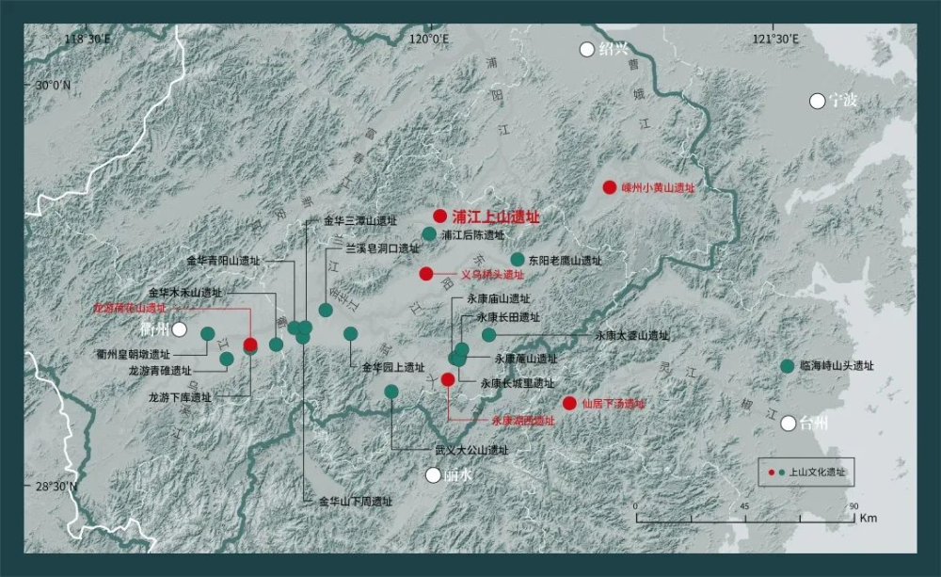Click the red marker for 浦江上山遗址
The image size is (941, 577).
coord(439,216)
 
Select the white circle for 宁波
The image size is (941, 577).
coord(817,101)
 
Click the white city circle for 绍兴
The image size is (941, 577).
coord(588,49)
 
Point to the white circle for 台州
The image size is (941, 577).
coord(789,424)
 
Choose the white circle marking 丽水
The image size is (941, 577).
coord(433,475)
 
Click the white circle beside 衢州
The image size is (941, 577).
coord(179,329)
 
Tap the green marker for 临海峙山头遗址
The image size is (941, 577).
coord(787,366)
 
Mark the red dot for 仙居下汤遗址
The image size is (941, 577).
coord(569,403)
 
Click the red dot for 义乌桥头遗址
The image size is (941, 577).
coord(426,274)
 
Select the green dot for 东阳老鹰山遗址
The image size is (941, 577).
coord(517,259)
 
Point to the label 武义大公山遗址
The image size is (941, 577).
coord(470,451)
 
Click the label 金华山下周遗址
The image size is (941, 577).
coord(355,502)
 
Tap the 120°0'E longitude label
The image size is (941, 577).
coord(428,39)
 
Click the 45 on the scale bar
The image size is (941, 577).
coord(744,507)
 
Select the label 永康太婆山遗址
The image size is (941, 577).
coord(631,335)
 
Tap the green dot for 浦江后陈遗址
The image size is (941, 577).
coord(429,234)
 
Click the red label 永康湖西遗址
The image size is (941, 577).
coord(523,421)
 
